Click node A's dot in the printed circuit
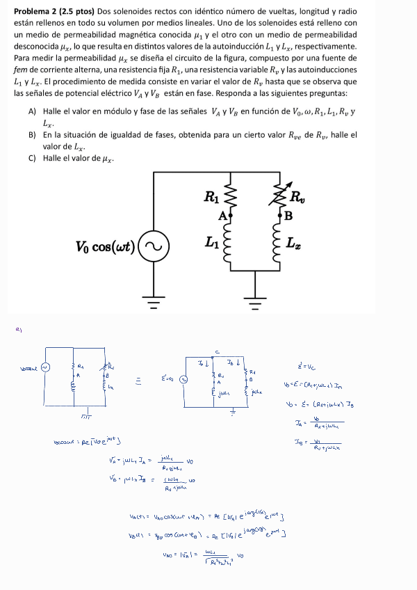232,216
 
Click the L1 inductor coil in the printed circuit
232,244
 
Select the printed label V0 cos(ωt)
106,247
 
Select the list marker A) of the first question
32,111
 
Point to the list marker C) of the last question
32,158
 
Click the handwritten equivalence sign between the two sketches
138,379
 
